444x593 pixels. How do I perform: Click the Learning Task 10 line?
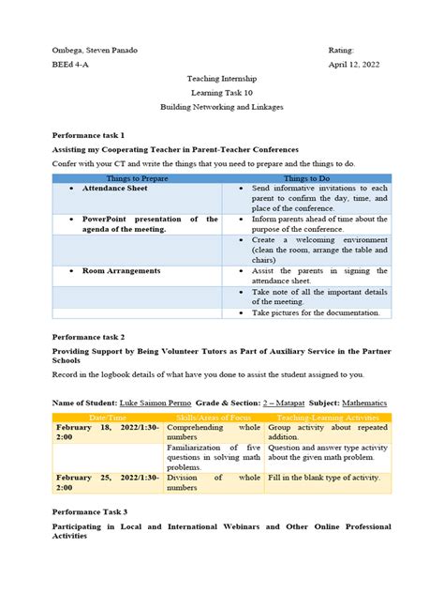(221, 96)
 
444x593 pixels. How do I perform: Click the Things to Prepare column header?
(137, 176)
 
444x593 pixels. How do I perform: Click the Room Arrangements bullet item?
(121, 270)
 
